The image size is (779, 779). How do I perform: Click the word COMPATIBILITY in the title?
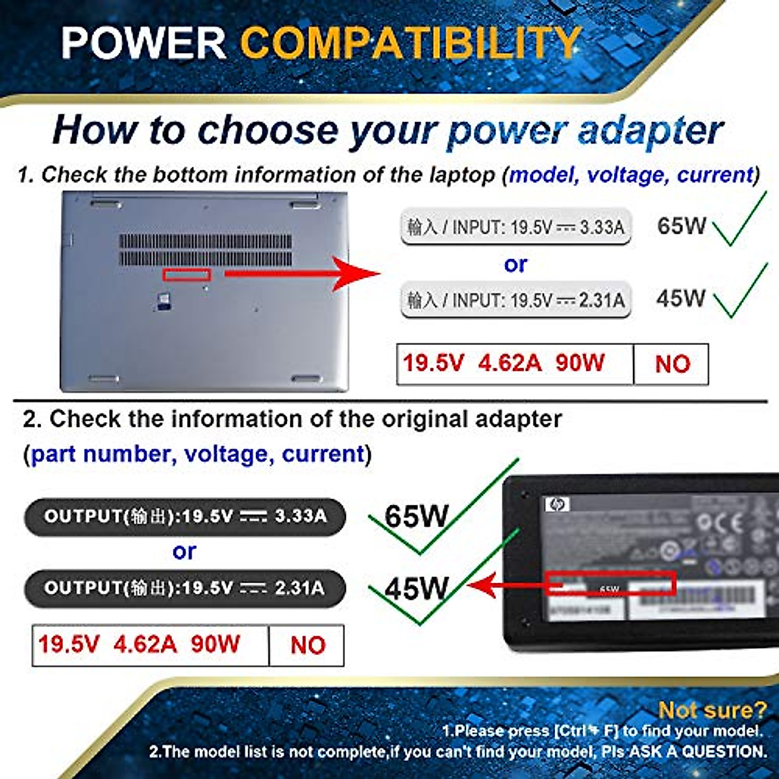pos(410,43)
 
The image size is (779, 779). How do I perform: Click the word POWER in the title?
pos(144,43)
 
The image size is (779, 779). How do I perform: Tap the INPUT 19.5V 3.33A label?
pos(516,227)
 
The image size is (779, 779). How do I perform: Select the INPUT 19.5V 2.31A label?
pos(516,300)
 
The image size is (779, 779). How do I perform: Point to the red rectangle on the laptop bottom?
pos(187,275)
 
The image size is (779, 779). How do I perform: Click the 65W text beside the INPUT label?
pos(681,226)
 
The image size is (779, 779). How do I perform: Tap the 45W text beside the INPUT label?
pos(680,298)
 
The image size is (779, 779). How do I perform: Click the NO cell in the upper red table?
pos(672,364)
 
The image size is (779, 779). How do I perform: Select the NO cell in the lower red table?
pos(307,645)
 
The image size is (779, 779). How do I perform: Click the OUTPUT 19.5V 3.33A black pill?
pos(185,517)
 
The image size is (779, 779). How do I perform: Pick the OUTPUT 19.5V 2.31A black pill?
pos(185,588)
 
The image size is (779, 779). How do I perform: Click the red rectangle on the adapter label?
pos(610,583)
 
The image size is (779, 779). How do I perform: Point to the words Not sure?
pos(712,710)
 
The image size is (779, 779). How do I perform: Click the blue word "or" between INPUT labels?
pos(515,264)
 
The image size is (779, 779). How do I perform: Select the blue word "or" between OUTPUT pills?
pos(184,552)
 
